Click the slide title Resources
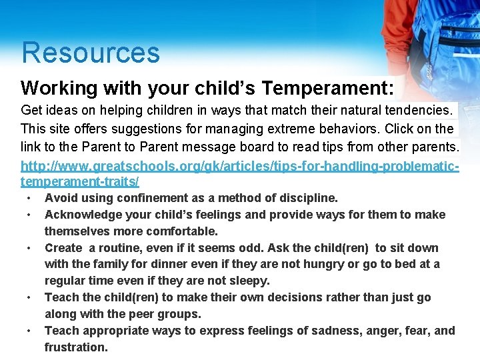pyautogui.click(x=90, y=53)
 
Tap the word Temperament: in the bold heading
pyautogui.click(x=328, y=88)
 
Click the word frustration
pyautogui.click(x=76, y=347)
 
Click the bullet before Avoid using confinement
pyautogui.click(x=30, y=199)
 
